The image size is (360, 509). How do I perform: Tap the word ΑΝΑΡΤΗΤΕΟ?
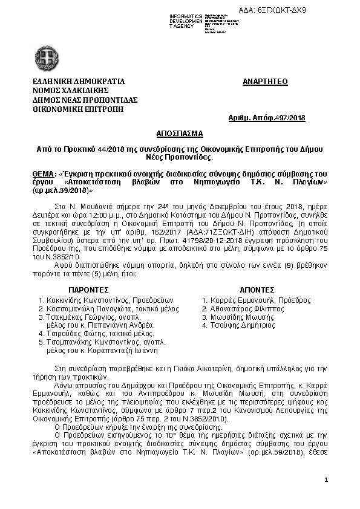pos(265,81)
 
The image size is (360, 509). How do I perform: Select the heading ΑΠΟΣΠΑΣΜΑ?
pos(180,133)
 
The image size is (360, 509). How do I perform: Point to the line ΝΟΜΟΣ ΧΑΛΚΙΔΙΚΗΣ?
pos(70,90)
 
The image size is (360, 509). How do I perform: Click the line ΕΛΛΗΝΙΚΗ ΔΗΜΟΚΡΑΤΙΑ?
pos(79,81)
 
